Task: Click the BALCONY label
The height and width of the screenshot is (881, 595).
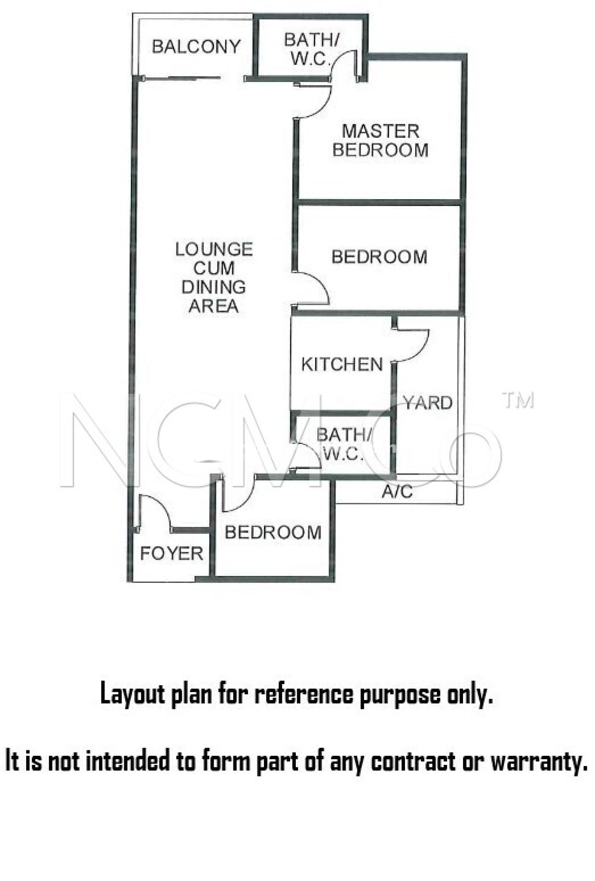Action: [x=196, y=46]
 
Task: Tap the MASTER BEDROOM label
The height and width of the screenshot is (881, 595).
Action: [x=380, y=141]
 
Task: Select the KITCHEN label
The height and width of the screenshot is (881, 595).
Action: [x=342, y=364]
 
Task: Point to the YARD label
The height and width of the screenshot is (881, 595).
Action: [x=428, y=403]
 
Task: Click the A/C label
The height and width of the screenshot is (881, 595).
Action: [x=397, y=491]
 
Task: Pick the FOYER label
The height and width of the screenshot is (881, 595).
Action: [x=172, y=554]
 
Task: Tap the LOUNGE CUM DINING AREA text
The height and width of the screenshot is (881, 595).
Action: [x=214, y=277]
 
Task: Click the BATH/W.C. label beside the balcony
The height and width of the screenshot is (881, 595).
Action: [x=311, y=49]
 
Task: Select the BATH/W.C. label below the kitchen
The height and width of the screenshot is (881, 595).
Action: [x=343, y=444]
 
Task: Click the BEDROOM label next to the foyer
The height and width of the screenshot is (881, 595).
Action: [x=273, y=533]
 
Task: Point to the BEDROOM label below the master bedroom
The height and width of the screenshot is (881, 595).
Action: [x=380, y=257]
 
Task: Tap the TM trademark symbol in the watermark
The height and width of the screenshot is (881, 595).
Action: [x=519, y=400]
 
